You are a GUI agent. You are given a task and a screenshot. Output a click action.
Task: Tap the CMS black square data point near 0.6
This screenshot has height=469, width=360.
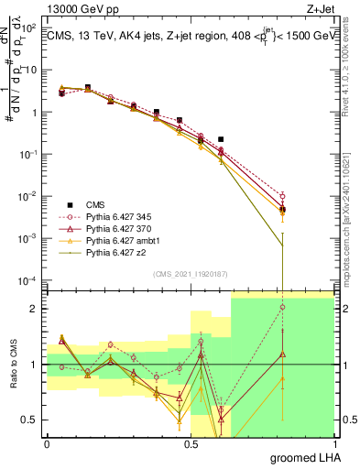(221, 139)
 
